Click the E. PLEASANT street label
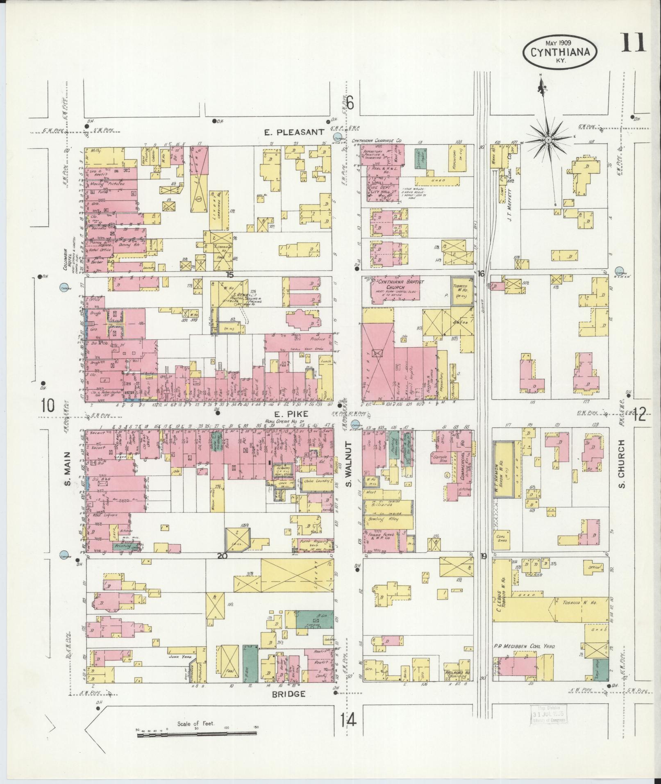(294, 132)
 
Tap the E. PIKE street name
(291, 414)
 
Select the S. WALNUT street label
(349, 464)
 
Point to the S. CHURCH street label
(621, 464)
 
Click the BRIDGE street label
(289, 693)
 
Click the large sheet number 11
(633, 43)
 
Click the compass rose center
(548, 140)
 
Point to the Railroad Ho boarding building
(457, 675)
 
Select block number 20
(222, 556)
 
